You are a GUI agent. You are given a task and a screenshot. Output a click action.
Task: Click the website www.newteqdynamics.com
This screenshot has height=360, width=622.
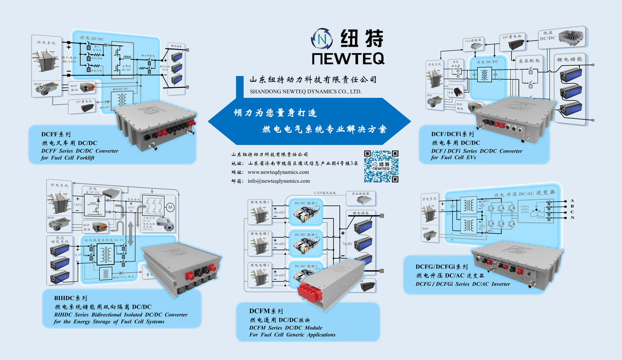(x=278, y=172)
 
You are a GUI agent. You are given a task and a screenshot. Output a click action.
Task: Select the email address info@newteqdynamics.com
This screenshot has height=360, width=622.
(x=279, y=181)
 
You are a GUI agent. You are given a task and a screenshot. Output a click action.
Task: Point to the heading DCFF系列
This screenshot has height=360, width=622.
(x=56, y=134)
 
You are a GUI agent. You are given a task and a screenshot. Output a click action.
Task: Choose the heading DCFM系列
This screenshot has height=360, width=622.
(x=266, y=311)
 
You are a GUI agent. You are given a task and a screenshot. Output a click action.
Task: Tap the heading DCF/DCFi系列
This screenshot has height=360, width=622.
(x=452, y=134)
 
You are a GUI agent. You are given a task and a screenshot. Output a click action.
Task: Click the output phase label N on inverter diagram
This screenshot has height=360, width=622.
(x=572, y=218)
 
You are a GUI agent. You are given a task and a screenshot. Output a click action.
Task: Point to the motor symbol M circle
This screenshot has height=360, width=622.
(x=170, y=207)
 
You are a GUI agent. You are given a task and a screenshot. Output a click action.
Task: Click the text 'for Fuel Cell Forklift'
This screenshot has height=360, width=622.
(x=68, y=158)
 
